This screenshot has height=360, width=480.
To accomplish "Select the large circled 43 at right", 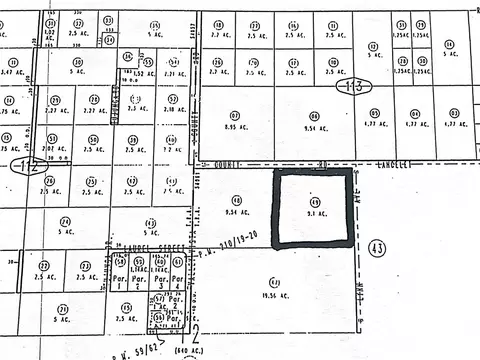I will [377, 246].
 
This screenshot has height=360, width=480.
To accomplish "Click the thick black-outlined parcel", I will [313, 208].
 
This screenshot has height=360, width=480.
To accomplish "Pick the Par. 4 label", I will [177, 283].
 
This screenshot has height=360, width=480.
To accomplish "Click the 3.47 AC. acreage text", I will [12, 73].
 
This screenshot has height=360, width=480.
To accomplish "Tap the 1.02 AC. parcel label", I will [49, 32].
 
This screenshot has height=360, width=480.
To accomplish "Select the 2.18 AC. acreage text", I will [174, 107].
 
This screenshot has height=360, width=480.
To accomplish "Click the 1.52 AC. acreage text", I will [143, 73].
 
